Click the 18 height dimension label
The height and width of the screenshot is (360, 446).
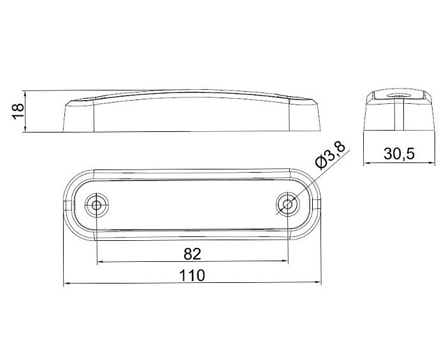tap(18, 111)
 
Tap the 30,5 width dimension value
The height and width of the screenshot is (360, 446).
tap(399, 154)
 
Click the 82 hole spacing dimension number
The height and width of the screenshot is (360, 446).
tap(192, 254)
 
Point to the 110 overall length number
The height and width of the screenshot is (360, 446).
tap(192, 275)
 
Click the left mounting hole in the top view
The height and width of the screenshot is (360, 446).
tap(97, 205)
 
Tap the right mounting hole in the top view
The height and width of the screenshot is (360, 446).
tap(288, 204)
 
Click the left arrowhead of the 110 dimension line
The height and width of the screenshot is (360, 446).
tap(67, 284)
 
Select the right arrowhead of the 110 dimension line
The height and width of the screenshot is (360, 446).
tap(318, 282)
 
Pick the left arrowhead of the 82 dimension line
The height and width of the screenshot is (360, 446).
tap(101, 261)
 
